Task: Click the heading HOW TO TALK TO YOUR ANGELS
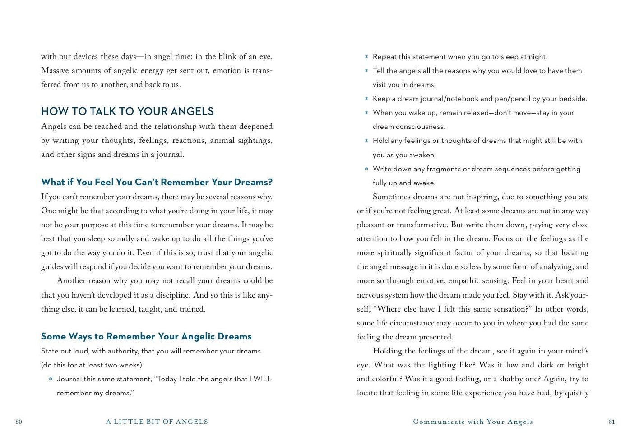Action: click(x=127, y=111)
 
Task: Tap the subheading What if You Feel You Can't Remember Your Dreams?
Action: click(x=157, y=182)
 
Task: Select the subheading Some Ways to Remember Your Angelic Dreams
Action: click(x=146, y=336)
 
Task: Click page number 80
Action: click(x=19, y=422)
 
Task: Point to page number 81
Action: click(x=612, y=422)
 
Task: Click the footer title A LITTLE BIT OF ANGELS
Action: click(x=157, y=422)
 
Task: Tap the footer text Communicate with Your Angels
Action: click(x=473, y=422)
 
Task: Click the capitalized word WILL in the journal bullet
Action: click(x=262, y=379)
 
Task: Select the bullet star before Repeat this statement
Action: click(x=366, y=57)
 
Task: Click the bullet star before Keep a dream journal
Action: click(x=366, y=99)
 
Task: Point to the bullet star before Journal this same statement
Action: click(x=51, y=380)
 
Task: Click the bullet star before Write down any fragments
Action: click(x=366, y=170)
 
